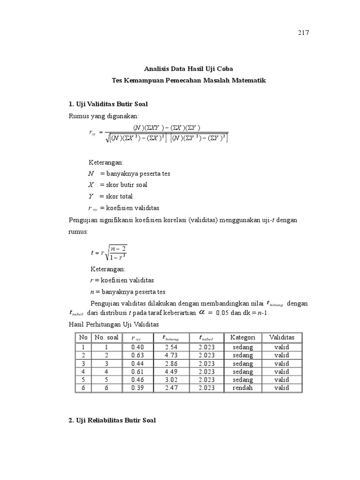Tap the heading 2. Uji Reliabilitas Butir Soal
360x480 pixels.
tap(112, 420)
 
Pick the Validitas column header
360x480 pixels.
tap(282, 337)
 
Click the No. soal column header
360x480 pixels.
tap(106, 337)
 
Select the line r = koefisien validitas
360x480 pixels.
tap(121, 280)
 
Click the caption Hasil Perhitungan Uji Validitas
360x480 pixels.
tap(114, 324)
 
